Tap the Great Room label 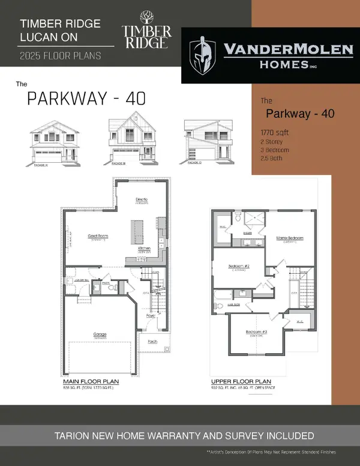98,237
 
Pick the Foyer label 151,314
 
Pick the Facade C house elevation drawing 206,142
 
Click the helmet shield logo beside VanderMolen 202,55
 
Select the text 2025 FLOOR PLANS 59,56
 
